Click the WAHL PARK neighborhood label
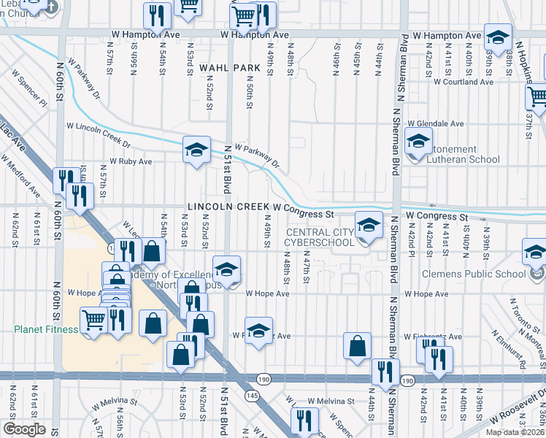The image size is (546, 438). pos(224,67)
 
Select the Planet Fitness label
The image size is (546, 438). pos(45,329)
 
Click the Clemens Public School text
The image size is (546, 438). pos(474,274)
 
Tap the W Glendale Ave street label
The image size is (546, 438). pos(436,124)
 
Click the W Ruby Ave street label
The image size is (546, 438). pos(131,161)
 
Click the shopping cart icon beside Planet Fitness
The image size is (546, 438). pos(93,321)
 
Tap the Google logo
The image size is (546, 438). pos(25,429)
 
